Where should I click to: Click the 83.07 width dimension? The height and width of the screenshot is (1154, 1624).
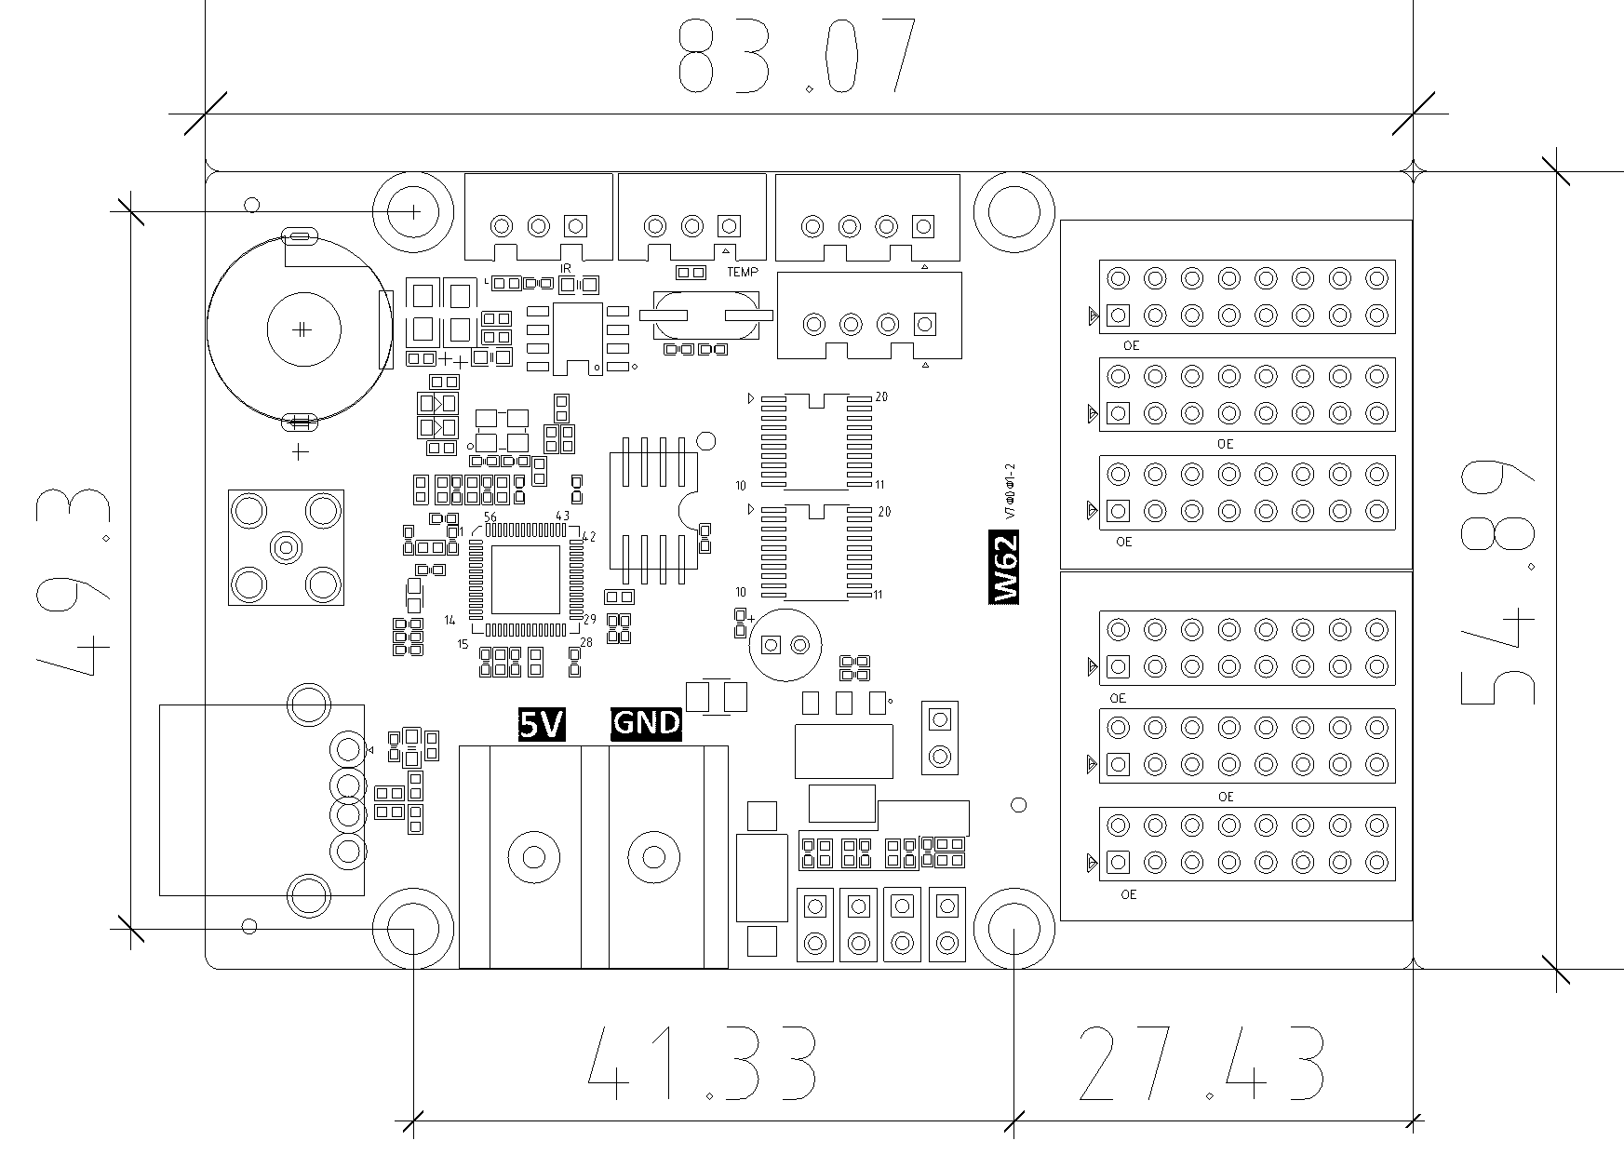point(796,58)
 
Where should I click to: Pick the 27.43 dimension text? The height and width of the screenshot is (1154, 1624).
point(1201,1063)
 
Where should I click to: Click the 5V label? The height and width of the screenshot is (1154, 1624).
point(541,724)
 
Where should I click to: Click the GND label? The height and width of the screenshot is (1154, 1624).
point(646,724)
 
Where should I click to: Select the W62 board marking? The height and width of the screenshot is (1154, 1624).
point(1003,568)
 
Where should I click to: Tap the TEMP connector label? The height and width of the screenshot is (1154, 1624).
point(743,273)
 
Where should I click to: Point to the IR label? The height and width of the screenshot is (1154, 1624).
point(566,268)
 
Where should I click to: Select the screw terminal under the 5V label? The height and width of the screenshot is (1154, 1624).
point(533,856)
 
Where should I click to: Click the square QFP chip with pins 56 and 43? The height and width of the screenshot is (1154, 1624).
point(526,579)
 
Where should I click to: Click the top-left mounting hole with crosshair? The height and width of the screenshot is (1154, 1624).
point(413,212)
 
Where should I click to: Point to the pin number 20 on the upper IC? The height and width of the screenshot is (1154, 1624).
point(882,397)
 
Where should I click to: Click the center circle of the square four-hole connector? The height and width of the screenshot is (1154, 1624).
point(286,547)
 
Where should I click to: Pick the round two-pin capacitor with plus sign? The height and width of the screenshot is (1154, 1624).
point(785,644)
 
